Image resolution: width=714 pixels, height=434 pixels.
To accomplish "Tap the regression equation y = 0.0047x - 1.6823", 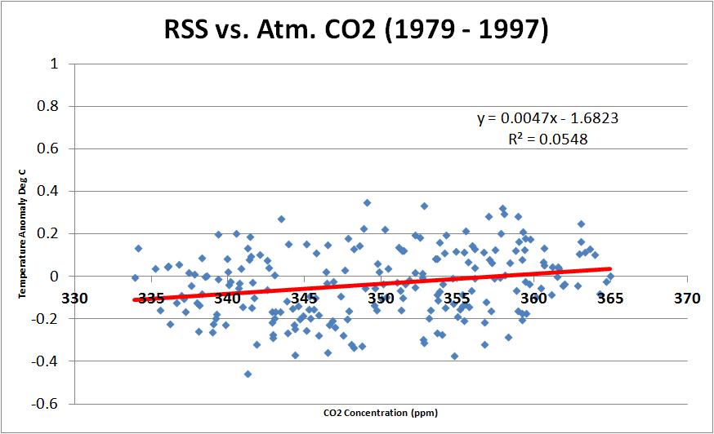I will (x=547, y=118).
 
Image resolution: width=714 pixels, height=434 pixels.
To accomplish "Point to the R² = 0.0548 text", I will (x=547, y=139).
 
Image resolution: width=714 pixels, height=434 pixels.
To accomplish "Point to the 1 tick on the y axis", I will (x=52, y=64).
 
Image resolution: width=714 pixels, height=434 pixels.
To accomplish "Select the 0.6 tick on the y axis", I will (x=47, y=148).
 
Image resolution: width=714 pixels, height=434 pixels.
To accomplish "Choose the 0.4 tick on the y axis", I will (x=47, y=191).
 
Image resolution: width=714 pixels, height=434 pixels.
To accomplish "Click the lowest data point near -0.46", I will (x=248, y=374).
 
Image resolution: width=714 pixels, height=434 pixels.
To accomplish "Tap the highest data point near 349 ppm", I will (x=368, y=202).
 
